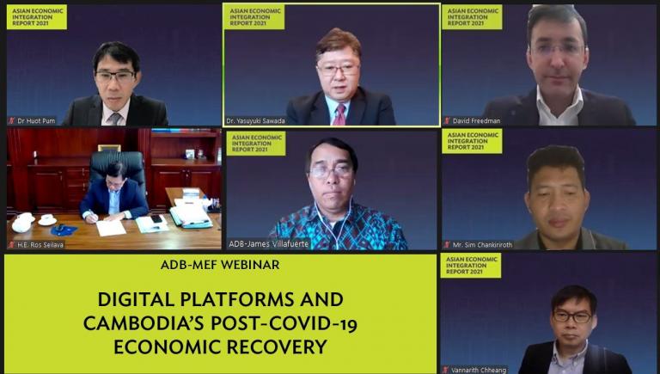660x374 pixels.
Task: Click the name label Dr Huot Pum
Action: (32, 121)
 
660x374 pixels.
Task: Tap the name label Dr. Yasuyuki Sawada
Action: (255, 121)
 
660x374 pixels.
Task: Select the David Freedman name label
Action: (472, 121)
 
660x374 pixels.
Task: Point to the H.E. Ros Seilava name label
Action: (36, 244)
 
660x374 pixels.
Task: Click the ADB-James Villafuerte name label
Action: (268, 244)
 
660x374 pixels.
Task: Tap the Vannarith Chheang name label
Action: (474, 371)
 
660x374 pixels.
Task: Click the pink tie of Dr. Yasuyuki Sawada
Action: (339, 114)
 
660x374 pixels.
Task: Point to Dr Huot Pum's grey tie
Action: (115, 119)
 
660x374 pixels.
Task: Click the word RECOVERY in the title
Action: (277, 347)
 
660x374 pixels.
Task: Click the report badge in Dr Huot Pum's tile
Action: (37, 17)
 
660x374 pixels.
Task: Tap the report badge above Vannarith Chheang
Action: (471, 266)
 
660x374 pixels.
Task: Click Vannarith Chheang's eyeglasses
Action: (572, 316)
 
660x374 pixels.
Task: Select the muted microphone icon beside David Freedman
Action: (447, 121)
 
